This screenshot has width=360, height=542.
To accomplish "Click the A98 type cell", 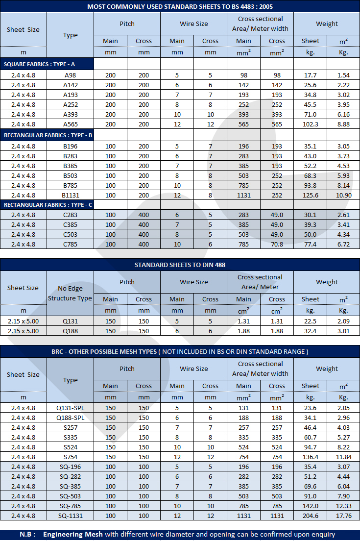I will [70, 75].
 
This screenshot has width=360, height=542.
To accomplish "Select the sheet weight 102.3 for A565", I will [310, 124].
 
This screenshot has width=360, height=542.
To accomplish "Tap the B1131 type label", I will [70, 195].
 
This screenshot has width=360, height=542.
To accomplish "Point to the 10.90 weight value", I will [343, 195].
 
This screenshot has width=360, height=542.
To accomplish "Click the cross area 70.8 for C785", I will [277, 244].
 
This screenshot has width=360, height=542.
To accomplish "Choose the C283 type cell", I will [70, 215].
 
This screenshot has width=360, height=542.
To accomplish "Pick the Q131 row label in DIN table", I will [70, 321].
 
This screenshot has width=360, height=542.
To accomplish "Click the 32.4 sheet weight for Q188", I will [310, 331].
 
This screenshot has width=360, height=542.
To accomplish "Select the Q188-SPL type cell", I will [70, 418].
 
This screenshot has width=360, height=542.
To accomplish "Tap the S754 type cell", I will [70, 457].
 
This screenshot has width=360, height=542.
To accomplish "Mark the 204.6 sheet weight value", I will [310, 516].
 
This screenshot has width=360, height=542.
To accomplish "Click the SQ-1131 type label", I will [70, 516].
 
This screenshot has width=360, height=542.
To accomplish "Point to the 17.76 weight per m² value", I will [343, 516].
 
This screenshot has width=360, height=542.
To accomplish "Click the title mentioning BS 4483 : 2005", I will [180, 6].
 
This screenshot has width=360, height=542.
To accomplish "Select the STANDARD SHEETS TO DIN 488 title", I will [180, 265].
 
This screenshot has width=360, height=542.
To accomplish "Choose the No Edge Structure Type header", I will [70, 293].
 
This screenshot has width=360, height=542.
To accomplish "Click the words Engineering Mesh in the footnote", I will [72, 534].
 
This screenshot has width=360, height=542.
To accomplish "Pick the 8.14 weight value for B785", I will [343, 185].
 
